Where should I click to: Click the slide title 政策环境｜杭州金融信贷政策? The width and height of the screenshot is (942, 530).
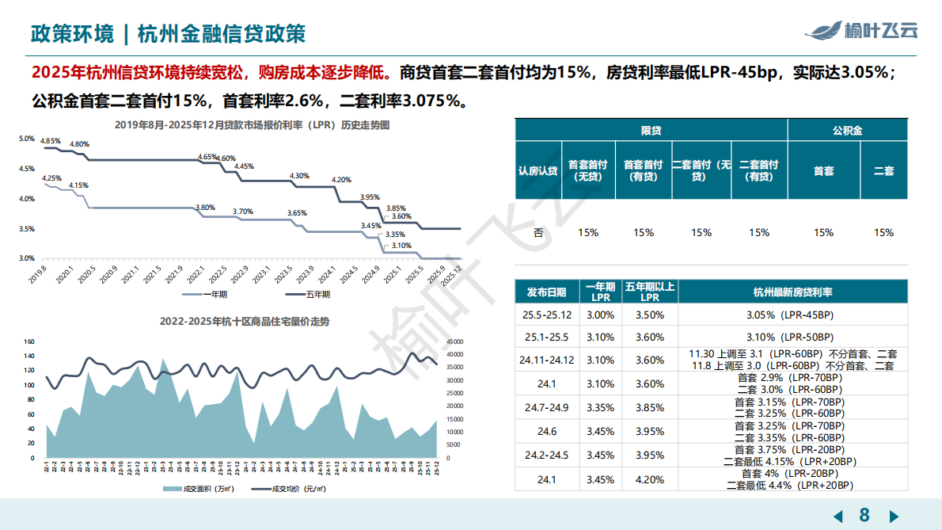pos(167,34)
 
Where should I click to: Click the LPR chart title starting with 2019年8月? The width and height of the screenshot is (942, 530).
pos(252,125)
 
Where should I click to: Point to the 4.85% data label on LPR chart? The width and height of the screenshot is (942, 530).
pos(51,140)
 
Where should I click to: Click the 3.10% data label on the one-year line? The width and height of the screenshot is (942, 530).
pos(401,246)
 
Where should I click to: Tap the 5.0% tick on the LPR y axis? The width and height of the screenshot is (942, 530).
pos(26,139)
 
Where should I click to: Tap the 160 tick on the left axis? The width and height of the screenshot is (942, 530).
pos(29,342)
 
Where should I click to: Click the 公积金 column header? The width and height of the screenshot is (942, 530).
pos(846,131)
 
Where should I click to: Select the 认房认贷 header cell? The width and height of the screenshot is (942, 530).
pos(537,171)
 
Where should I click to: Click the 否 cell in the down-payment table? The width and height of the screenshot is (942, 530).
pos(537,233)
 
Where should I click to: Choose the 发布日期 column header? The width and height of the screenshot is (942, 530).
pos(546,292)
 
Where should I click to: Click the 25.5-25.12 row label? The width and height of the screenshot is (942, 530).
pos(546,315)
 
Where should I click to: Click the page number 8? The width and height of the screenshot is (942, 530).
pos(864,515)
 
